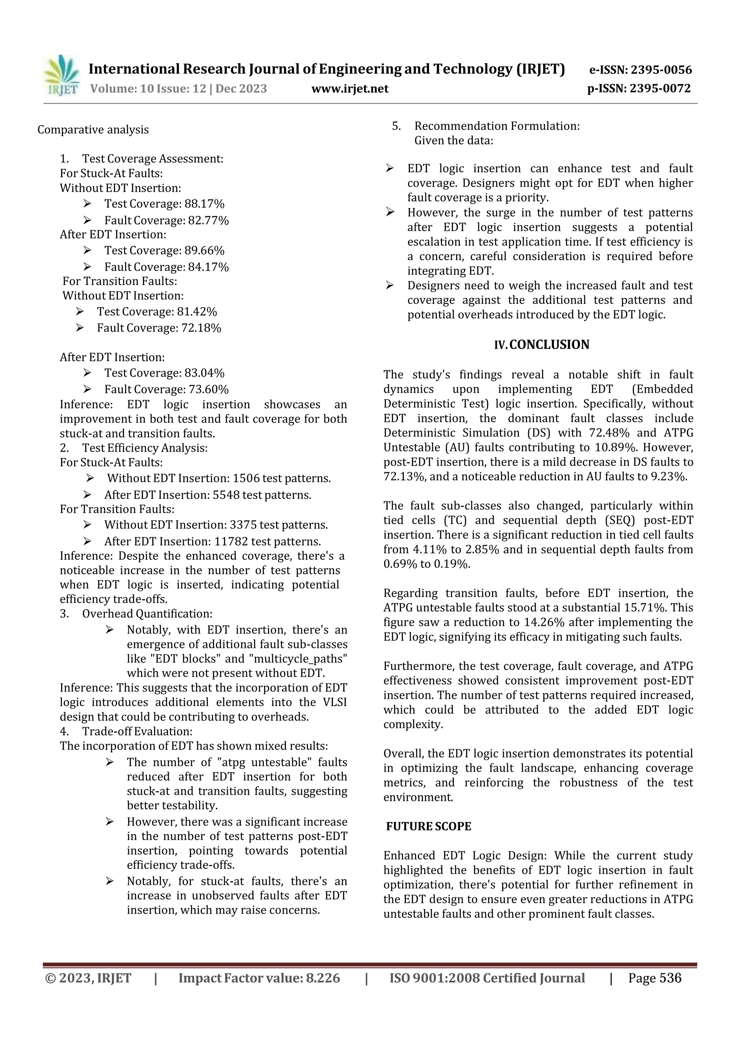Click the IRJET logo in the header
coord(62,76)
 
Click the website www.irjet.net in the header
coord(350,89)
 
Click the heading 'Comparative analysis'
coord(93,130)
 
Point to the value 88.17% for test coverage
coord(204,204)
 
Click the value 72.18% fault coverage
coord(201,328)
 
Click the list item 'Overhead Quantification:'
coord(147,614)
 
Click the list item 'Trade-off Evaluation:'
coord(137,731)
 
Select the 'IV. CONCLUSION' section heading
coord(542,345)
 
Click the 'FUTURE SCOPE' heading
coord(429,826)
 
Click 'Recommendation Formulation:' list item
coord(497,126)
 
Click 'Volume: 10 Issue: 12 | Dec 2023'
coord(178,89)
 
